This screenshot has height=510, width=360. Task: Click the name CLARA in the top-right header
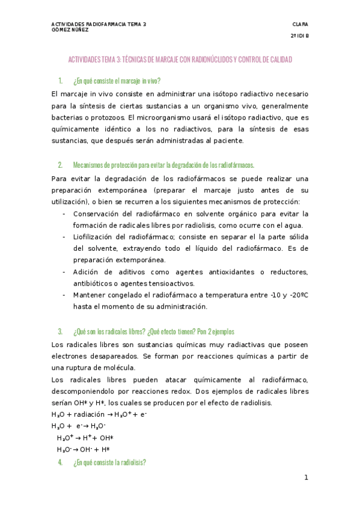(300, 24)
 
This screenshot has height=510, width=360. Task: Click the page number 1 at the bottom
(306, 478)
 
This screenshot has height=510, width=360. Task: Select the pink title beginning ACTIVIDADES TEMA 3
(180, 60)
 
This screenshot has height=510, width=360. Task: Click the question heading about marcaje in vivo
(116, 81)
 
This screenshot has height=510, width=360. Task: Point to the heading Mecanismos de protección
(163, 165)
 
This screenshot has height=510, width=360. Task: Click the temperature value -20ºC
(297, 295)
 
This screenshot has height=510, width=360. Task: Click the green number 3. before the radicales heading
(60, 331)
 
